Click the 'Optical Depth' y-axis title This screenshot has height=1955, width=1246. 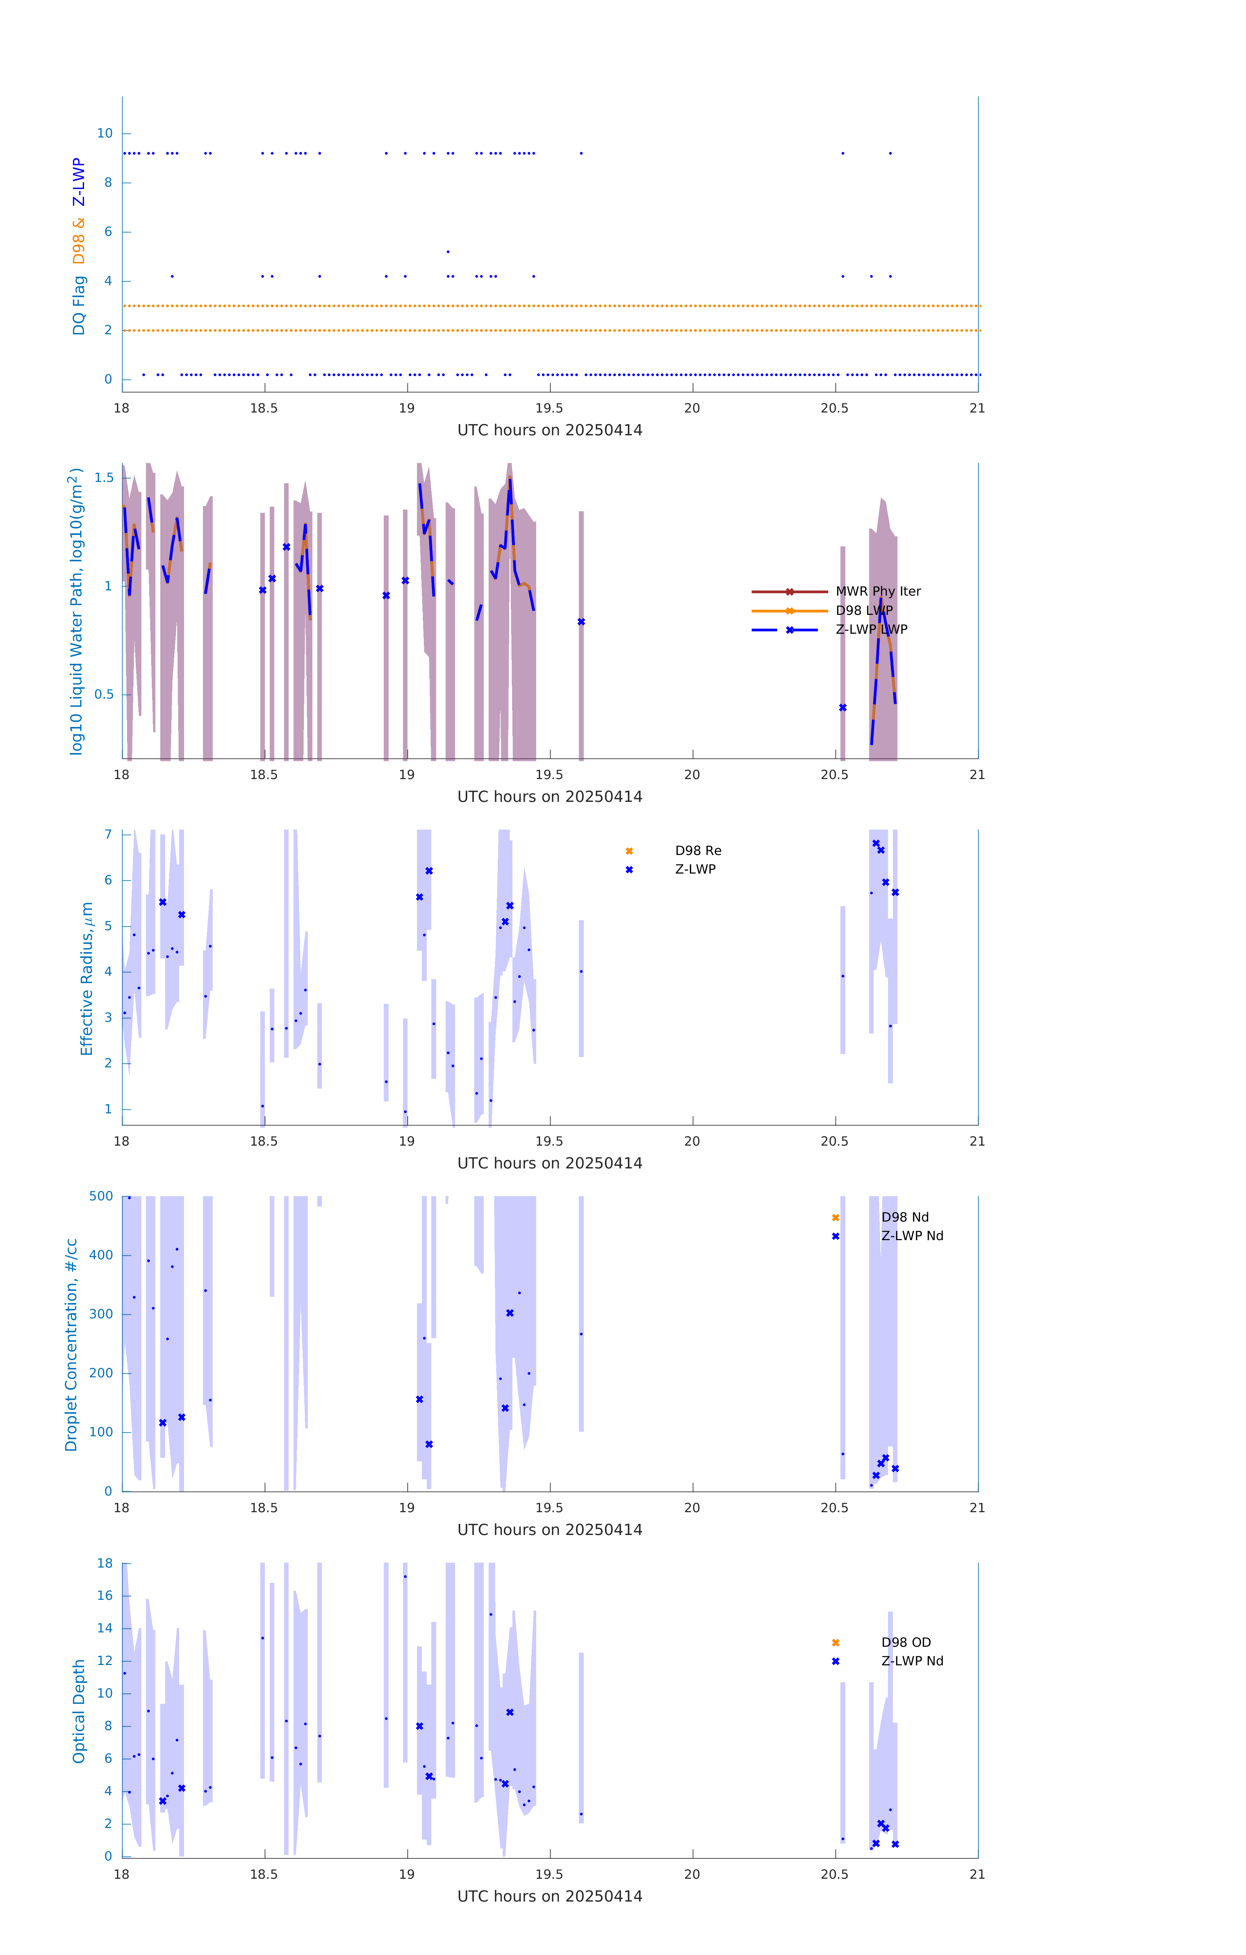click(x=79, y=1711)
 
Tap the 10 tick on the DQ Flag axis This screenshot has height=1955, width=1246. click(x=105, y=133)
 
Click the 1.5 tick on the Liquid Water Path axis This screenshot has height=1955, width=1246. click(x=104, y=477)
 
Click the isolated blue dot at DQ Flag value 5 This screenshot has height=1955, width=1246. click(x=448, y=252)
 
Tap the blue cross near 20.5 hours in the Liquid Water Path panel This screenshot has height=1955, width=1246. click(x=843, y=708)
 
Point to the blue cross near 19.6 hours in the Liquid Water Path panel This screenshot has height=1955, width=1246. click(x=581, y=622)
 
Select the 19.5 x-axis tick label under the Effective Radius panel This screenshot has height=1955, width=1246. click(x=550, y=1141)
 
